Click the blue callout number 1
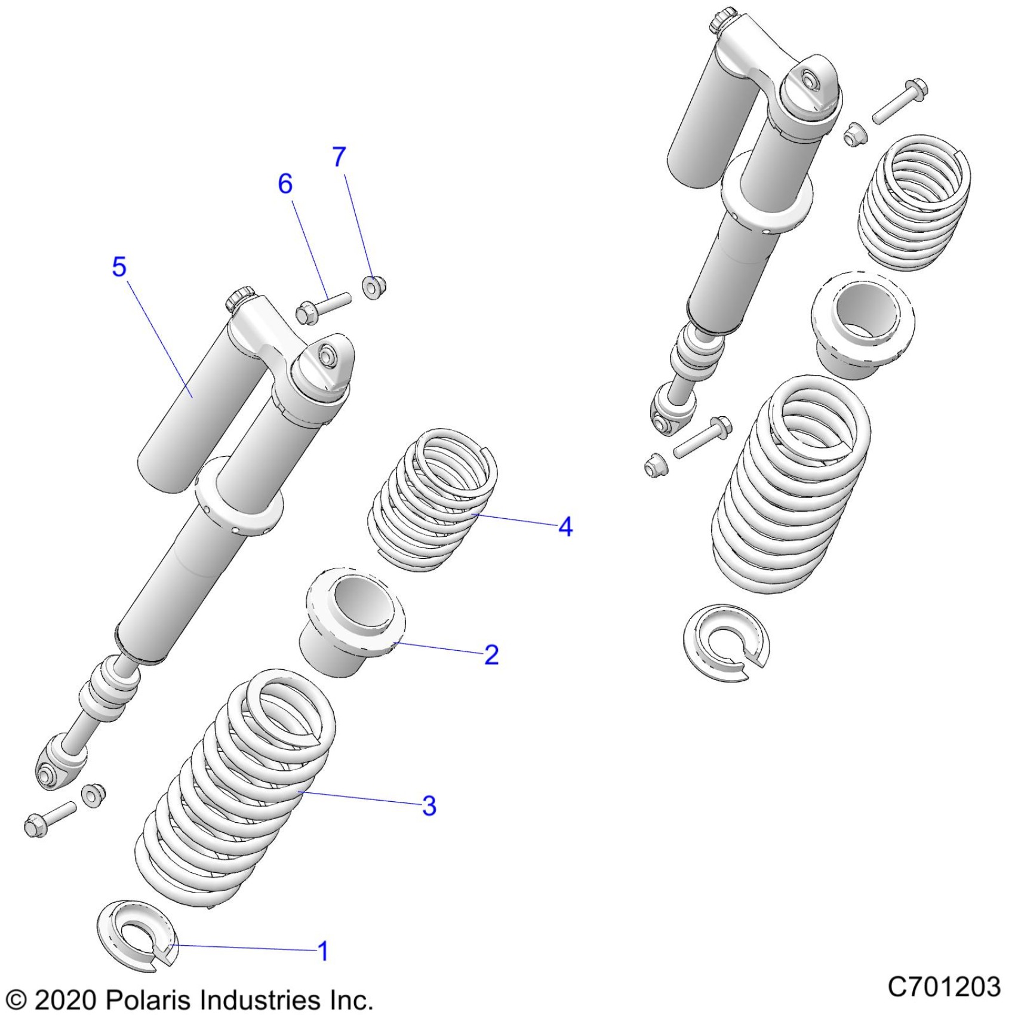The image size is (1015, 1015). pos(323,951)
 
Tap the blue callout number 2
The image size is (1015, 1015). pos(491,655)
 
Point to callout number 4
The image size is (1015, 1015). pos(565,527)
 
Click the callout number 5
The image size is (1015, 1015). pos(119,266)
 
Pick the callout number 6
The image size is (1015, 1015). pos(285,183)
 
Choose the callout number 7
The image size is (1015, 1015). pos(339,156)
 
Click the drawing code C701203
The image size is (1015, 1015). pos(943,986)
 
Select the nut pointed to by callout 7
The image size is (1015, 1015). pos(374,287)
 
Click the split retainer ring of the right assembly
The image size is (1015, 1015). pos(726,642)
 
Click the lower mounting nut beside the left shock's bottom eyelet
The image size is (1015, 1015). pos(94,795)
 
